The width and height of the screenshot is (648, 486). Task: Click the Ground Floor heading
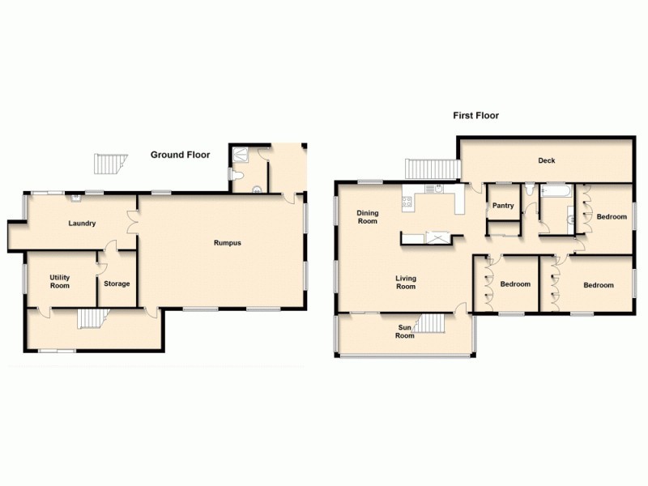180,155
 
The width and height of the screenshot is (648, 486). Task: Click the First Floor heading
475,116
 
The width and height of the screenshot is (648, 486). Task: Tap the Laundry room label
83,224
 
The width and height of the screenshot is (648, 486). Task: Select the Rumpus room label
227,243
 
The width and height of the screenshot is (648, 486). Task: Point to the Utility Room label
59,281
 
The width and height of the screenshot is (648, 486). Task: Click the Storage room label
116,283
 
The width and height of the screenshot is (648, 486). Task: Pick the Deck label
547,160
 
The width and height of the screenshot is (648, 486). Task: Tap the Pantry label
503,206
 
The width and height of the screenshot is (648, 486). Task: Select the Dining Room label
368,217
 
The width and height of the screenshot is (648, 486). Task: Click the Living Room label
406,282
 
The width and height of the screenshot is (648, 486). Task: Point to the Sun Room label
404,331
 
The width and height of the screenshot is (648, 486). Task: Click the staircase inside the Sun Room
432,325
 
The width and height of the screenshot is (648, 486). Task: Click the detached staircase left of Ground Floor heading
107,164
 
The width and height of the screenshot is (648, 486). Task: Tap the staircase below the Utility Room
92,318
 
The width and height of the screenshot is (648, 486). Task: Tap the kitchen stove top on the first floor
407,203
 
